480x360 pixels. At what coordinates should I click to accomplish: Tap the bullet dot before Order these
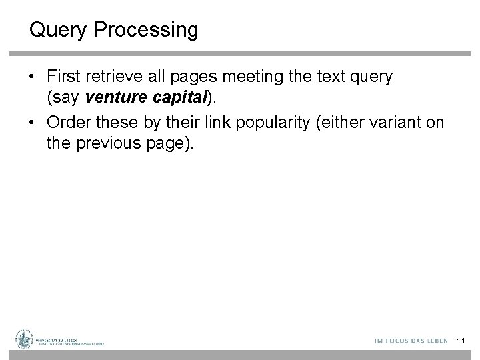tap(33, 124)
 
